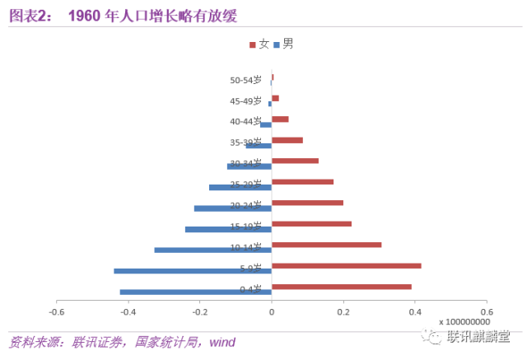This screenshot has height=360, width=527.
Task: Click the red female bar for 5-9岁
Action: [x=346, y=265]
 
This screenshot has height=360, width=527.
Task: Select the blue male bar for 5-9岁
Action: [x=193, y=271]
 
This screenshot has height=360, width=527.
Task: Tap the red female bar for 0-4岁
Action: [x=341, y=287]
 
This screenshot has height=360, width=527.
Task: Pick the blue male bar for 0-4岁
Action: [x=196, y=292]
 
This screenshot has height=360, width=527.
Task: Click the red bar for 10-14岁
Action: [x=326, y=245]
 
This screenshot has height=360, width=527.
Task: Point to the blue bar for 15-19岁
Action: [x=228, y=229]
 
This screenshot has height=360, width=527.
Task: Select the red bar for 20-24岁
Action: [x=307, y=203]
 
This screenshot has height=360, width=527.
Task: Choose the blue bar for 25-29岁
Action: [x=240, y=187]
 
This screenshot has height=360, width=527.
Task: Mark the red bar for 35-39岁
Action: [x=287, y=140]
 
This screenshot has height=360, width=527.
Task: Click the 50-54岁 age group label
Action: [x=246, y=81]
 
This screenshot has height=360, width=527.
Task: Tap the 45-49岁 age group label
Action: [x=246, y=101]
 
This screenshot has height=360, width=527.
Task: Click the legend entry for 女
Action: [x=259, y=44]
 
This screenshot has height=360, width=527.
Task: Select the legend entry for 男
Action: [x=282, y=44]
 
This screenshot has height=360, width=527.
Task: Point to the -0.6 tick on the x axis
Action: [x=56, y=312]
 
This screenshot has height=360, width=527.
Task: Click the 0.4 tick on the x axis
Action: [x=415, y=312]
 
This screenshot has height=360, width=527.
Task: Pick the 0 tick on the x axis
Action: [x=271, y=312]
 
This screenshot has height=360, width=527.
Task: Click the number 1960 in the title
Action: [x=84, y=15]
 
